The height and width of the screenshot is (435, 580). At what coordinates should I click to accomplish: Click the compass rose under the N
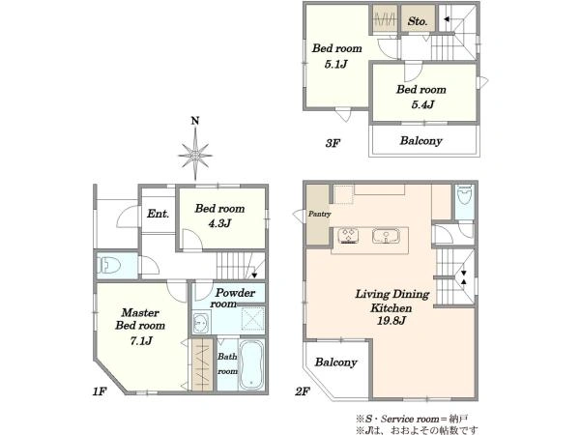pos(195,156)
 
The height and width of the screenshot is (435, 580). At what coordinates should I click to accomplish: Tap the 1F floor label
pos(100,391)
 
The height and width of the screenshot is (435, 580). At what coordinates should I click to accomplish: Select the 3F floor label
pos(333,143)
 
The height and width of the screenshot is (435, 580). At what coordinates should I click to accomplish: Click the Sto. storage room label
pos(418,21)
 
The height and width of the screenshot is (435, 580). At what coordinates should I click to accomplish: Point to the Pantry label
pos(319,214)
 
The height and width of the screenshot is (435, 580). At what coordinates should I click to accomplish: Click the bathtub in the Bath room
pos(251,364)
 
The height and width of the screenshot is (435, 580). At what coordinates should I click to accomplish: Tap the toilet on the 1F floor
pos(110,265)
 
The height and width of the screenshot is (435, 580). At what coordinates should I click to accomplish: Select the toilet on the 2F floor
pos(464,195)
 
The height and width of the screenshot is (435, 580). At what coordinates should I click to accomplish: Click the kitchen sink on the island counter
pos(386,236)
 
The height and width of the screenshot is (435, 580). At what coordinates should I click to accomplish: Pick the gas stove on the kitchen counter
pos(348,236)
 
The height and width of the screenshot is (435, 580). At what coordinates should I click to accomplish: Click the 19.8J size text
pos(391,320)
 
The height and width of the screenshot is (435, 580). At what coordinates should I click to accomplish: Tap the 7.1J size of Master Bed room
pos(141,340)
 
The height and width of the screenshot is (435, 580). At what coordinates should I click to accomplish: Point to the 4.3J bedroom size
pos(219,223)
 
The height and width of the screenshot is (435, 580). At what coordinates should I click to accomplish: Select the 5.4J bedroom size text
pos(422,104)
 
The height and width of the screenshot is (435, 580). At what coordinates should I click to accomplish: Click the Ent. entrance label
pos(159,214)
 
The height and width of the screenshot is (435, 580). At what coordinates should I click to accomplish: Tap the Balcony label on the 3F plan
pos(420,141)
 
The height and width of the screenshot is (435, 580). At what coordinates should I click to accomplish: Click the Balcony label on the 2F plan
pos(335,362)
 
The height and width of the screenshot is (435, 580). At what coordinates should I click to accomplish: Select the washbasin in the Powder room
pos(201,323)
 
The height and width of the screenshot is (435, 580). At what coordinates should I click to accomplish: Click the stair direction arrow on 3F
pos(447,19)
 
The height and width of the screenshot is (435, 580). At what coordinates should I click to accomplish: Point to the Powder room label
pos(233,298)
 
